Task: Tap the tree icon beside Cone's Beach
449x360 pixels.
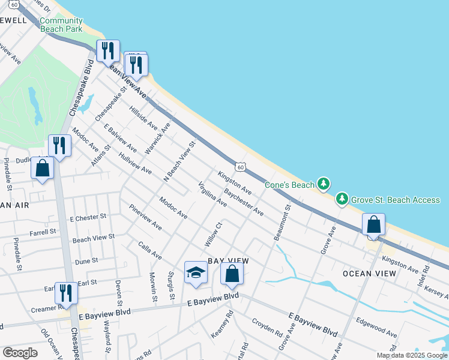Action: tap(324, 184)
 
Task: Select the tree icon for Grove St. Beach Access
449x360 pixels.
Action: tap(342, 199)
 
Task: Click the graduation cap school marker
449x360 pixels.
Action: tap(196, 273)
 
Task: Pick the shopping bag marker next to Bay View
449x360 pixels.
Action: tap(232, 274)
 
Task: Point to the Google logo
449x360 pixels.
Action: tap(20, 353)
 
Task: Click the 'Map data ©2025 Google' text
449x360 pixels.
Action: tap(411, 355)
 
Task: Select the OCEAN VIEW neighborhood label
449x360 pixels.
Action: tap(369, 274)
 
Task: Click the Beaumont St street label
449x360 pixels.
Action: tap(282, 223)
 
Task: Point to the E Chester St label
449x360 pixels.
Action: tap(88, 217)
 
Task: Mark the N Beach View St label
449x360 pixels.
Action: tap(180, 161)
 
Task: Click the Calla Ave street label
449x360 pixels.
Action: tap(150, 251)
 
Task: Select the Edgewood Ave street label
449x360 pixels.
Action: tap(376, 327)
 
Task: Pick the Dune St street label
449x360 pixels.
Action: tap(86, 262)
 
